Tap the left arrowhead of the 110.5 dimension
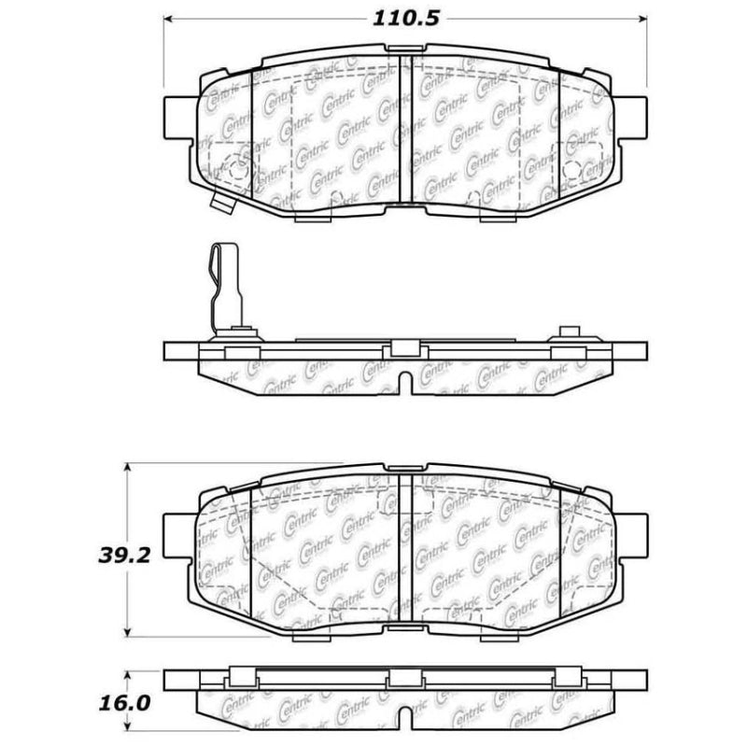point(169,19)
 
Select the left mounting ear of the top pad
point(180,120)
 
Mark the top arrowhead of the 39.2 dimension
point(128,467)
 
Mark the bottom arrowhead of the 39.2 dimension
point(128,630)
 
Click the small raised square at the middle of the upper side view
point(404,348)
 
